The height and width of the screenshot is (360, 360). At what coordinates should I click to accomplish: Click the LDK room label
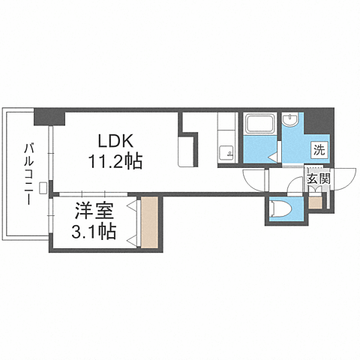[x=115, y=142]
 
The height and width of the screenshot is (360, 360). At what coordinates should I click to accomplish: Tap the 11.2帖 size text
[x=115, y=161]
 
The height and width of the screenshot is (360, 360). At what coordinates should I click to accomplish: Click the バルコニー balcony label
[x=28, y=174]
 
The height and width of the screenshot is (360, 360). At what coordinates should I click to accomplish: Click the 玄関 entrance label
[x=319, y=178]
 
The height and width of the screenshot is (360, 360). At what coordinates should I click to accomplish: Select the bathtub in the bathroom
[x=260, y=124]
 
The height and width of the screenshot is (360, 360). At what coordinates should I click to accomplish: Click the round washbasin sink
[x=290, y=120]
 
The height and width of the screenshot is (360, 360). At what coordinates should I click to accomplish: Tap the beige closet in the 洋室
[x=149, y=222]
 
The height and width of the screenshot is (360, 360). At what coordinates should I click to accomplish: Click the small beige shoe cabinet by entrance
[x=315, y=202]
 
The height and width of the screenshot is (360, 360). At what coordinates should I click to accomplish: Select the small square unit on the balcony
[x=43, y=187]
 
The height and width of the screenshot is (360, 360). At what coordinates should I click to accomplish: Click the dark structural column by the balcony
[x=49, y=117]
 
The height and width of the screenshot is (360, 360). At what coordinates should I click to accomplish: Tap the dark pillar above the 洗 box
[x=319, y=121]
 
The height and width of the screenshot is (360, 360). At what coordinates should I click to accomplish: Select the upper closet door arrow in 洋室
[x=132, y=205]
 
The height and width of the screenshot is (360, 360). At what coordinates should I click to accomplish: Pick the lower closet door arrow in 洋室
[x=132, y=241]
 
